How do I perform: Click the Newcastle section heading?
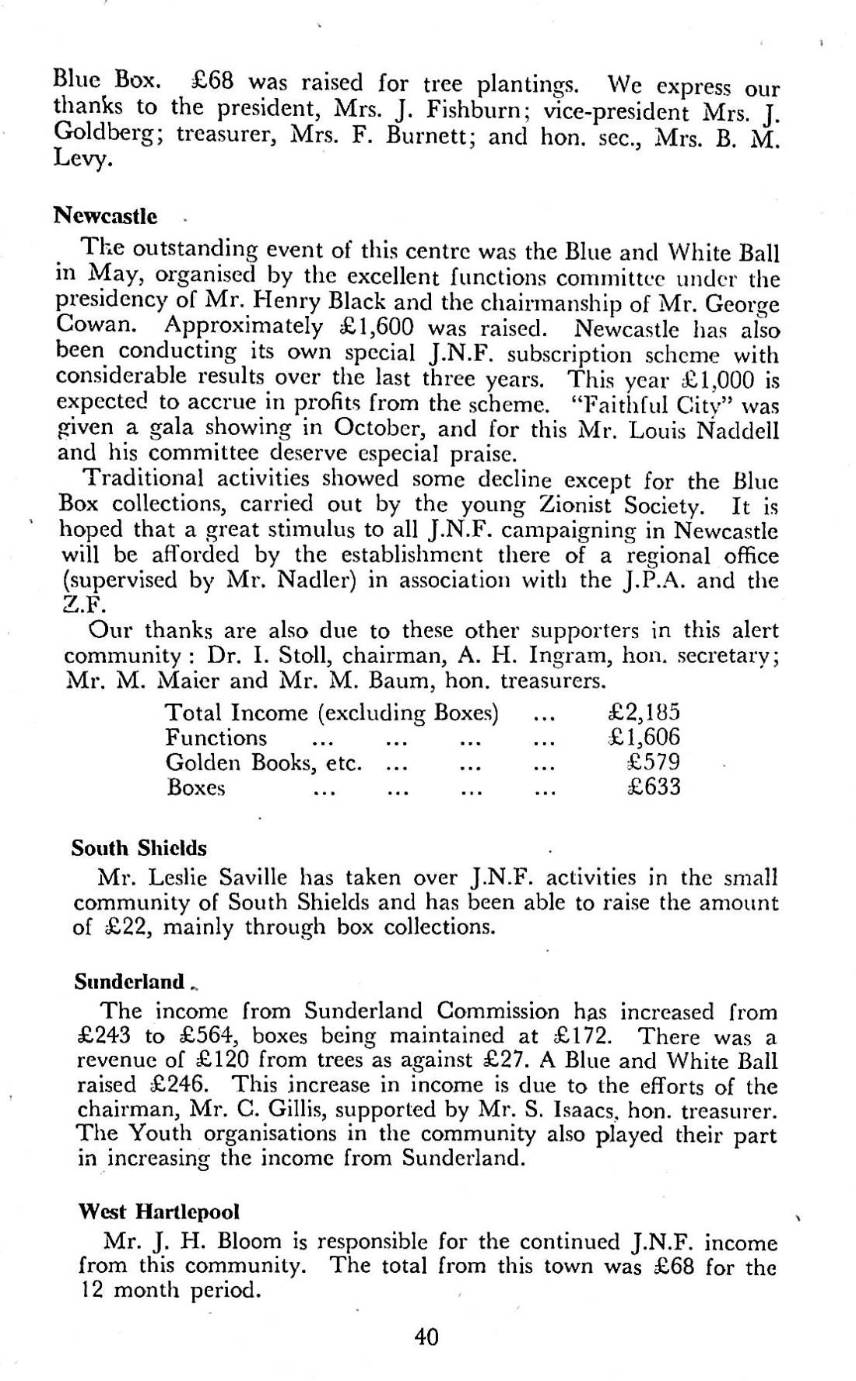click(105, 216)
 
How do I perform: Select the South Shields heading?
click(139, 847)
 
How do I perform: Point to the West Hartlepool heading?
click(159, 1211)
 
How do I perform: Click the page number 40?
click(426, 1337)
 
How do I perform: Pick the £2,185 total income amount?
click(643, 712)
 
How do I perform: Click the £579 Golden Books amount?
click(653, 762)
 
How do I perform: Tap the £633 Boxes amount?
click(653, 787)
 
